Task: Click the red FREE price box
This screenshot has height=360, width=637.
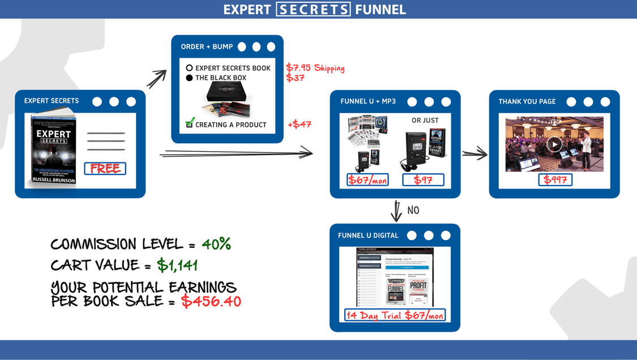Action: click(105, 169)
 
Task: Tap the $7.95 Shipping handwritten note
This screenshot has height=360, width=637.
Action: click(315, 68)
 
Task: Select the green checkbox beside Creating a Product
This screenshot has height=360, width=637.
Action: click(190, 123)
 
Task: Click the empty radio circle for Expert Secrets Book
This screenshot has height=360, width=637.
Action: click(189, 68)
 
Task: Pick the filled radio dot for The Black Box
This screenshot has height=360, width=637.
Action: click(189, 78)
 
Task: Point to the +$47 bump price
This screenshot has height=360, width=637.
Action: click(300, 125)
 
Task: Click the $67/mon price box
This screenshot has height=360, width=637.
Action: click(367, 180)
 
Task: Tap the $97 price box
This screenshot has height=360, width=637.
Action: click(423, 180)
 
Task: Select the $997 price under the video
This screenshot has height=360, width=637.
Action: click(555, 180)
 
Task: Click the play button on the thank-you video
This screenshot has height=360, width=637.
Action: click(554, 144)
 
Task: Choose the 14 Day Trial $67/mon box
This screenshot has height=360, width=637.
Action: click(395, 315)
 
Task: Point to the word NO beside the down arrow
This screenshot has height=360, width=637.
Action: click(413, 211)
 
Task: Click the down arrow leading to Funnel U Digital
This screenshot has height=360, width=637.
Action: click(396, 211)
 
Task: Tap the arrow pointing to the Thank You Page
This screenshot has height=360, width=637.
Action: click(474, 153)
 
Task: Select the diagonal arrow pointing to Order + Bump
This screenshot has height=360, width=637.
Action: click(157, 79)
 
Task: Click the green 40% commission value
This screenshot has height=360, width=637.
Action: click(216, 244)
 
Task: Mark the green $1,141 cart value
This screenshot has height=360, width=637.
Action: click(177, 265)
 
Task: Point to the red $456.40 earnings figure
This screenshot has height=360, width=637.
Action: click(211, 301)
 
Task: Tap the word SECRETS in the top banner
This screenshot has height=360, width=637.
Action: click(313, 10)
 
